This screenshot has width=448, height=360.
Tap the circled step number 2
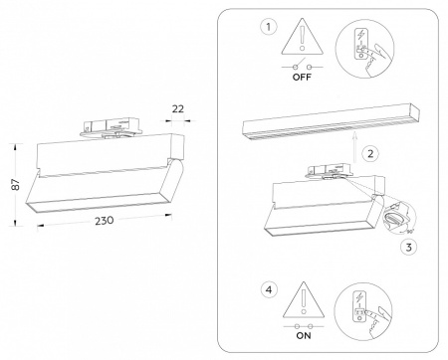[370, 153]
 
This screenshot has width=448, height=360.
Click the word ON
[303, 335]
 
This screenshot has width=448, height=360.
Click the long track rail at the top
[328, 121]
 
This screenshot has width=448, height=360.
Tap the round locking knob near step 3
[393, 217]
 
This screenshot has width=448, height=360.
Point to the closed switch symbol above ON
[303, 324]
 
